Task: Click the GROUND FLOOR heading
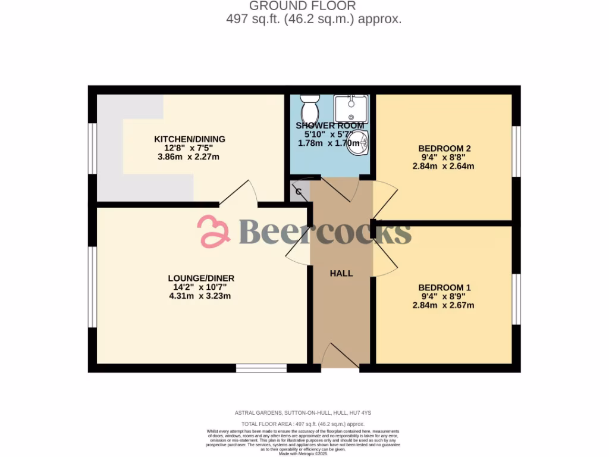[x=302, y=6]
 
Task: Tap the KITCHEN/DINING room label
[x=187, y=139]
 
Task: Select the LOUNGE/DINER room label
[x=200, y=278]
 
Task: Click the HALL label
[x=341, y=274]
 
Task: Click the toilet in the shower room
[x=309, y=108]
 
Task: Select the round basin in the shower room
[x=359, y=143]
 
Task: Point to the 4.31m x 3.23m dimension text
[x=200, y=296]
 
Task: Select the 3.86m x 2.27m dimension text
[x=188, y=157]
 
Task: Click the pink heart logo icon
[x=214, y=231]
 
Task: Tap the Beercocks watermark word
[x=325, y=231]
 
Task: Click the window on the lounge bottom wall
[x=261, y=368]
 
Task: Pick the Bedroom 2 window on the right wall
[x=517, y=152]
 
